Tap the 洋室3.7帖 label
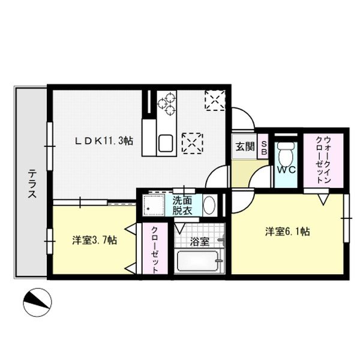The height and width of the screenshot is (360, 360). point(95,240)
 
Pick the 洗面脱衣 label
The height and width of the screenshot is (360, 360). point(184,205)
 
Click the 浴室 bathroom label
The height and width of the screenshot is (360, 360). point(200,242)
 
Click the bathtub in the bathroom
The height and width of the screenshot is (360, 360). point(199,262)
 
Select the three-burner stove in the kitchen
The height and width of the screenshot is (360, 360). point(167,103)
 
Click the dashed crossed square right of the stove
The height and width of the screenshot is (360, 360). point(214,100)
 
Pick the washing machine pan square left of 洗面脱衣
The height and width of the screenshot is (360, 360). point(155,206)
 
